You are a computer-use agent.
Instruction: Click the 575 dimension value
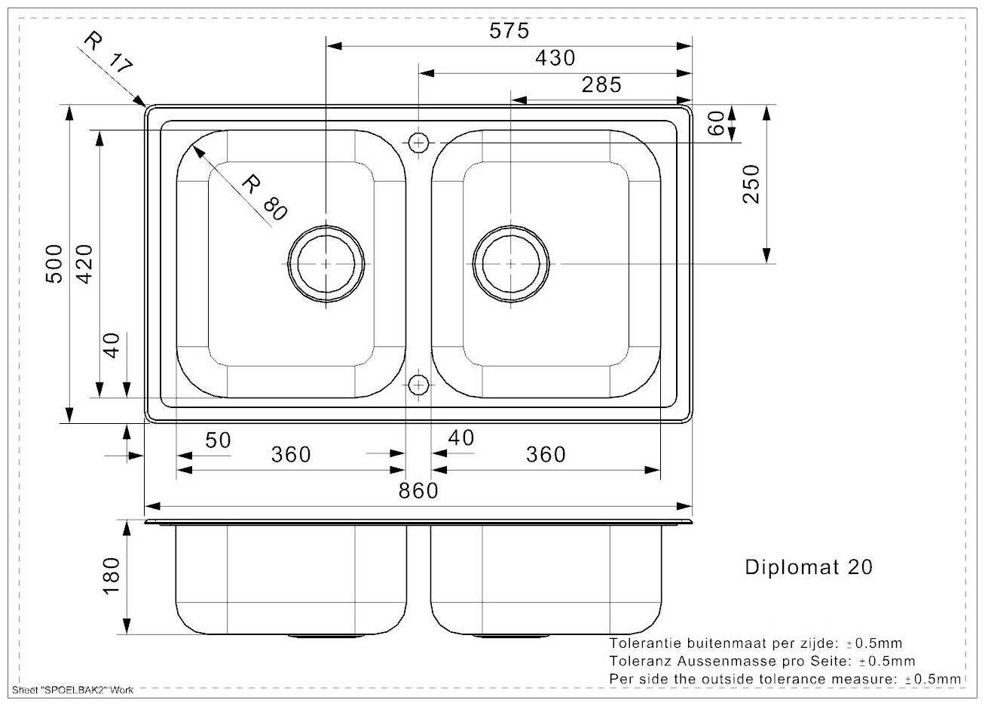pos(509,31)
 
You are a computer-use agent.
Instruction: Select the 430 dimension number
pos(555,58)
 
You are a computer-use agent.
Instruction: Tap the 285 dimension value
pos(601,85)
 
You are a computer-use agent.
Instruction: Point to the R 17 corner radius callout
pos(107,52)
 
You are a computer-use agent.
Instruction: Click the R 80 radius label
pos(265,197)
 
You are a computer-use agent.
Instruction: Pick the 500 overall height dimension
pos(54,264)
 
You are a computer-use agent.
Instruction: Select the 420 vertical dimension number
pos(84,264)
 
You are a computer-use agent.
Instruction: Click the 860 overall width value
pos(418,491)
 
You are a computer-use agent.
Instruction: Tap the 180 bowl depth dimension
pos(111,576)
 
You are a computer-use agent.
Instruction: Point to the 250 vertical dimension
pos(751,184)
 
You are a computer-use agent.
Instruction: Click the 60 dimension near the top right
pos(716,123)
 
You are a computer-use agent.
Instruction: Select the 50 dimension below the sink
pos(218,440)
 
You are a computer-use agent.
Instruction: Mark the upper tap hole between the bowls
pos(418,143)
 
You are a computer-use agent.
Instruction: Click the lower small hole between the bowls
pos(418,385)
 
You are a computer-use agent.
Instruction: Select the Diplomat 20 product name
pos(809,567)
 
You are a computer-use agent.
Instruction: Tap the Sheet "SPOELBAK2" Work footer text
pos(72,690)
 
